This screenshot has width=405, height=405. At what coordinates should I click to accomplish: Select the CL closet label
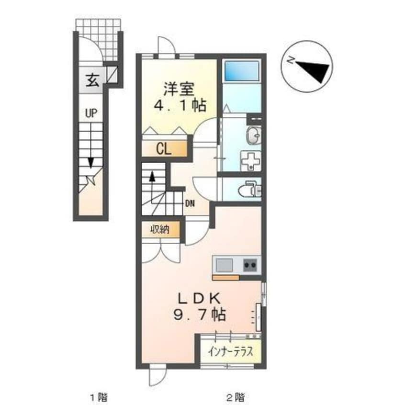point(163,149)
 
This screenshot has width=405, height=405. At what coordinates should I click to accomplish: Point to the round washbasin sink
point(254,135)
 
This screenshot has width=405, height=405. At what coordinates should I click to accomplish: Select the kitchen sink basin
point(224,264)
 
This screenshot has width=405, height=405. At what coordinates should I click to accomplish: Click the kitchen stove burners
point(249,264)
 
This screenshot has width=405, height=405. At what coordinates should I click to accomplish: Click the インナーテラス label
point(231,352)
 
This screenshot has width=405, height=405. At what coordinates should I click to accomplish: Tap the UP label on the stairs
point(91,113)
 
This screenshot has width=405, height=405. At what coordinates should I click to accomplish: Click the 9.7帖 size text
point(197,315)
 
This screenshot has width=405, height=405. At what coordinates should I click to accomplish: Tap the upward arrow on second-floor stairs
point(152,177)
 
